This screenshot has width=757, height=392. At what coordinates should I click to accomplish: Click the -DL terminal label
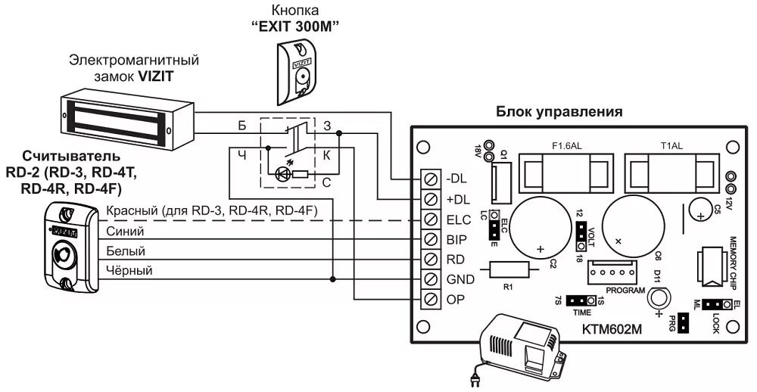(456, 179)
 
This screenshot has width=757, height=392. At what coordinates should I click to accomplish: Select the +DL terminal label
(456, 200)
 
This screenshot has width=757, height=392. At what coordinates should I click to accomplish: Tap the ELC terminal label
(457, 220)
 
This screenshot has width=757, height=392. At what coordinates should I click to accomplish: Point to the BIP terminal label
(456, 240)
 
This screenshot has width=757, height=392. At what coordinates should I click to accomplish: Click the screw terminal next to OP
(431, 299)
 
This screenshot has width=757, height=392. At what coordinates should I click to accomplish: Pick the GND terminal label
(458, 279)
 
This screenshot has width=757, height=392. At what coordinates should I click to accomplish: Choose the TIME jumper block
(581, 301)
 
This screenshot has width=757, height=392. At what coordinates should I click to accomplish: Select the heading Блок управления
(559, 112)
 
